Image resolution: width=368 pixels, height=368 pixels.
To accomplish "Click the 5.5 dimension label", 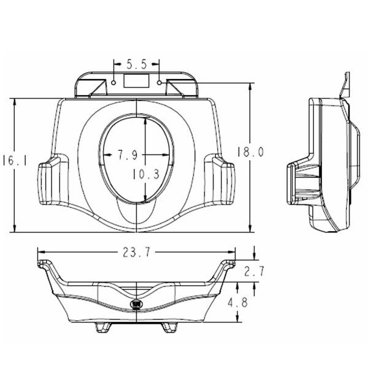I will [x=137, y=64].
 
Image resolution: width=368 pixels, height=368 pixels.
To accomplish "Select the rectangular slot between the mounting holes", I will [x=137, y=80].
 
